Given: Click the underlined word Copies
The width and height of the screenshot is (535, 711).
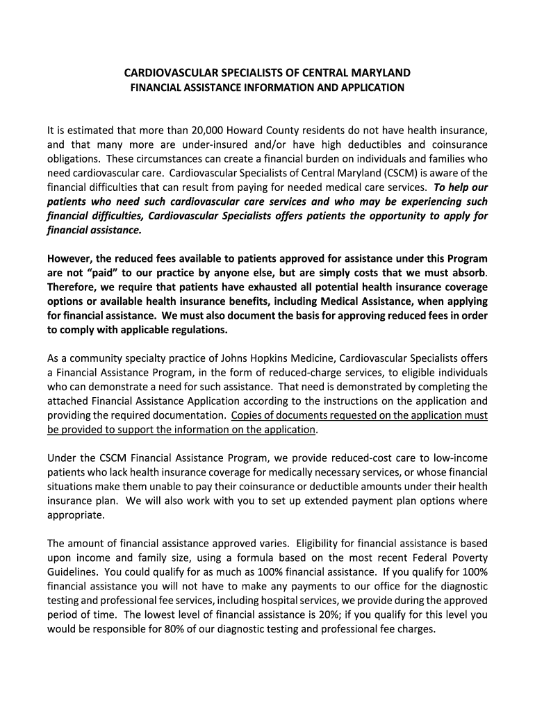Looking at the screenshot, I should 246,415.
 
